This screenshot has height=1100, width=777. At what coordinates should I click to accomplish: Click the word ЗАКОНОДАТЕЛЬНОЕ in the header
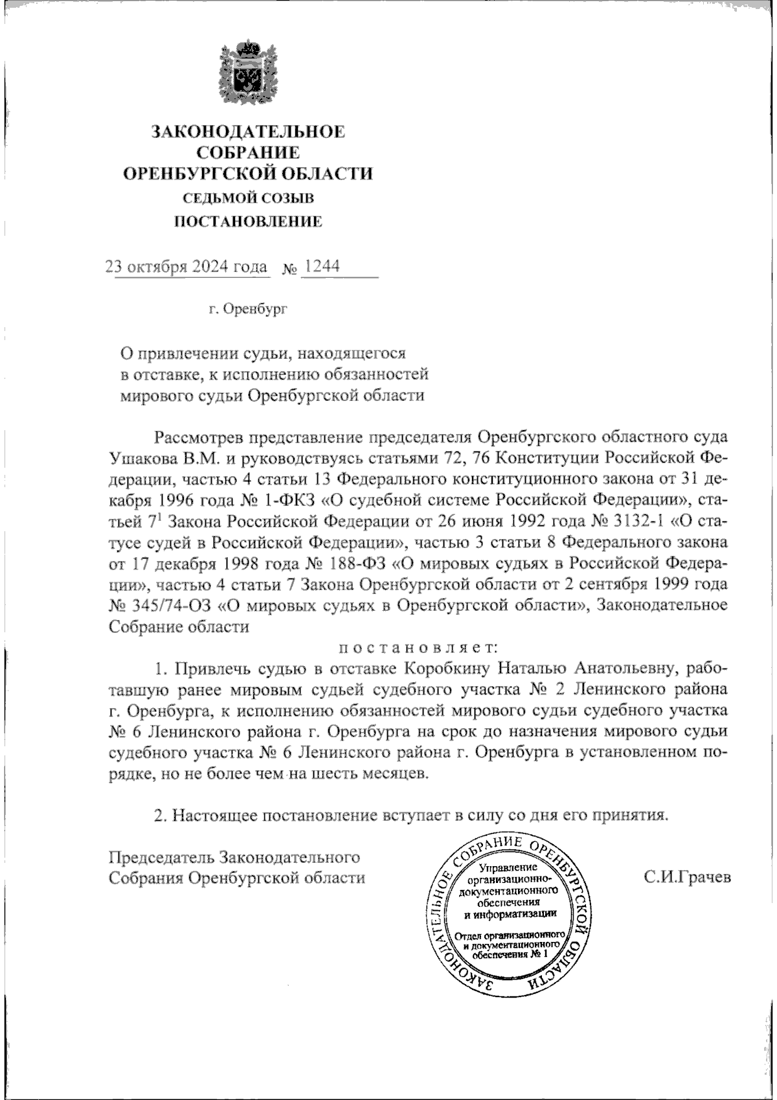[248, 132]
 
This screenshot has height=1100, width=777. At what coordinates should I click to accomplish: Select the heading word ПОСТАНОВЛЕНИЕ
[249, 222]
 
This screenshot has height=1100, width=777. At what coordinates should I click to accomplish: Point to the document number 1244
[322, 267]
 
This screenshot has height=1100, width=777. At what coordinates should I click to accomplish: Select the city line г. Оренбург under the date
[248, 309]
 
